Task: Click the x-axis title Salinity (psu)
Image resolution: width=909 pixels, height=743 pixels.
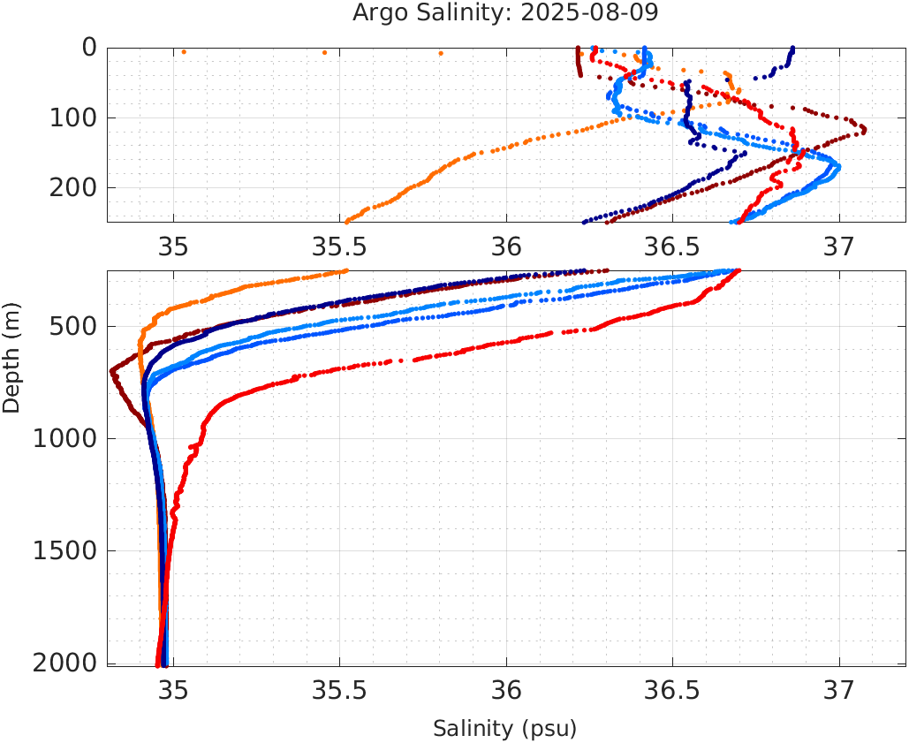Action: [x=504, y=729]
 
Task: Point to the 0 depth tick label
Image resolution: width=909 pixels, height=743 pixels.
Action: [x=89, y=48]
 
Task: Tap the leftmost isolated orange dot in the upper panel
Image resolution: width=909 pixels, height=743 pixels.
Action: [x=184, y=52]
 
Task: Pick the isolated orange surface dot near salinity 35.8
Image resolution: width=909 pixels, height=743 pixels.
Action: [x=441, y=53]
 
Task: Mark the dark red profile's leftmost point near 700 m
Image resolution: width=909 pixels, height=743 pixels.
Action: [x=111, y=371]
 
